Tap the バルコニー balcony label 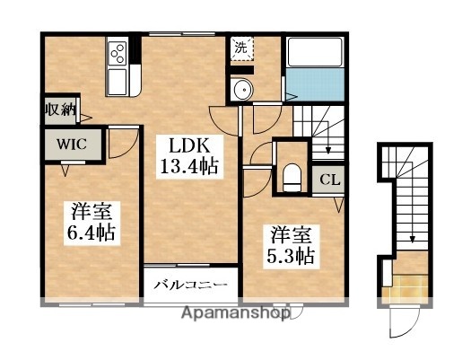point(189,286)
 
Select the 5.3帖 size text point(288,255)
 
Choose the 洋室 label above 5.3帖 point(287,234)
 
